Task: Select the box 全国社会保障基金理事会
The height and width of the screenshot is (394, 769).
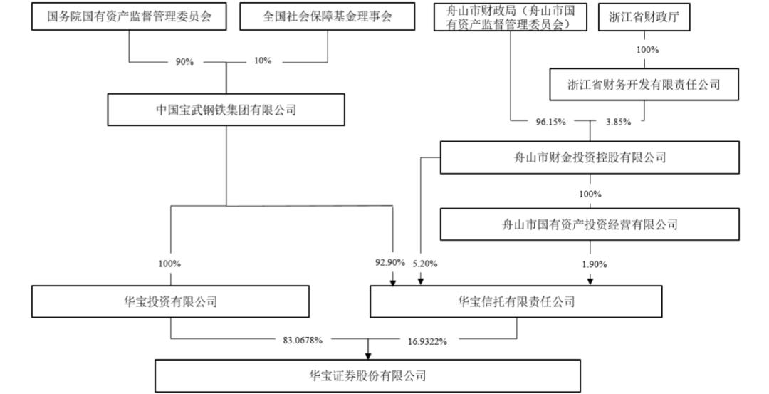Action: (x=327, y=17)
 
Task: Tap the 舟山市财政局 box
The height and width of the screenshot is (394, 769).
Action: (x=510, y=17)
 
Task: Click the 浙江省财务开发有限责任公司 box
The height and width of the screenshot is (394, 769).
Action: (x=644, y=84)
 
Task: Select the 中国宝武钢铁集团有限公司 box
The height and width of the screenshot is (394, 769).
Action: (x=226, y=110)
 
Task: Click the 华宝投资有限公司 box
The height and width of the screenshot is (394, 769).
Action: (x=171, y=301)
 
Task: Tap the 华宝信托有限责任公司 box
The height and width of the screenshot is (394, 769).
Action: (x=516, y=301)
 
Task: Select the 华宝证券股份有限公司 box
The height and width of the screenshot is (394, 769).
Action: (x=367, y=375)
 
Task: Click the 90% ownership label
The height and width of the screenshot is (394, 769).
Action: (x=184, y=62)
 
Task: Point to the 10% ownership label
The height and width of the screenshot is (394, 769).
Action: (x=262, y=61)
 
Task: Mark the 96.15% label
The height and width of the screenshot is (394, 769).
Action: (x=550, y=122)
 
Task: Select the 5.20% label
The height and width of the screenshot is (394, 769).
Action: (x=425, y=264)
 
